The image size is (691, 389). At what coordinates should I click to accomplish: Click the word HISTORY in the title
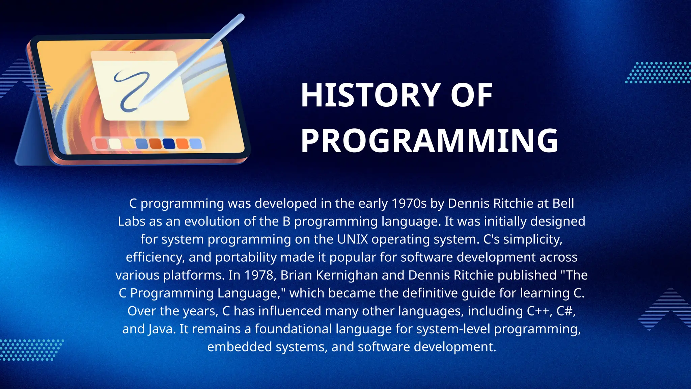pos(370,96)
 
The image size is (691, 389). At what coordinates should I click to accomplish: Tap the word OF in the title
pos(471,96)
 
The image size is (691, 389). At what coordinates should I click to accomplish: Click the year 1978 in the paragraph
pos(258,275)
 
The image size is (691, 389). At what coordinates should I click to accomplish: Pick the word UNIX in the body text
pos(352,239)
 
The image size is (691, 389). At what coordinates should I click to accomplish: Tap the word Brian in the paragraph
pos(296,275)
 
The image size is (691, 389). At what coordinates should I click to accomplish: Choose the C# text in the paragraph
pos(565,311)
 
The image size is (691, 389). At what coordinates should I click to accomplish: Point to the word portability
pos(246,257)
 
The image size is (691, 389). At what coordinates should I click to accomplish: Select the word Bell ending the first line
pos(563,203)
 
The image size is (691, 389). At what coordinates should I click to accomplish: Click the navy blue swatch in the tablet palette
pos(169,144)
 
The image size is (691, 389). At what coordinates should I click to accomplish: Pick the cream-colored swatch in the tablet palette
pos(115,144)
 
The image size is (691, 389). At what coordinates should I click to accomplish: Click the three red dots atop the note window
pos(133,53)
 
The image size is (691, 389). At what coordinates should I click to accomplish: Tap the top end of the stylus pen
pos(240,17)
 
